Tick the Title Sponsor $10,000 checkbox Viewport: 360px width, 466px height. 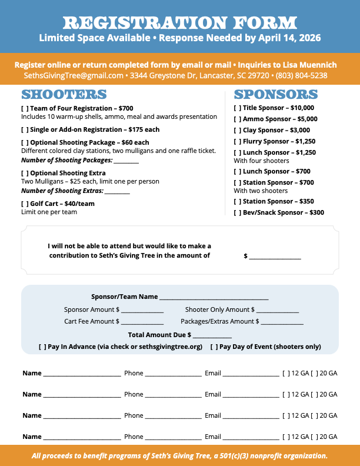tap(237, 108)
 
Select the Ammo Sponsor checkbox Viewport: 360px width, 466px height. tap(237, 119)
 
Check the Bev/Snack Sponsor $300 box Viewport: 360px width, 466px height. tap(237, 212)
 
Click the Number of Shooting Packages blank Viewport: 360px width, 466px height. tap(126, 161)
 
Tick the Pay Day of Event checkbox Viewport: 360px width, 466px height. tap(214, 347)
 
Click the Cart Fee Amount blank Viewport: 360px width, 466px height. tap(142, 322)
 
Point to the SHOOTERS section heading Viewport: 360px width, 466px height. tap(64, 95)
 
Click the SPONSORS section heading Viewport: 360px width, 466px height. tap(276, 95)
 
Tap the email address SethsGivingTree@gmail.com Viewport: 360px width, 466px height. tap(74, 76)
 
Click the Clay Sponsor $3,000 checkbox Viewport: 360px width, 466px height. tap(237, 130)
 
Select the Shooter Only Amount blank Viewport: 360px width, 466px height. tap(278, 310)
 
